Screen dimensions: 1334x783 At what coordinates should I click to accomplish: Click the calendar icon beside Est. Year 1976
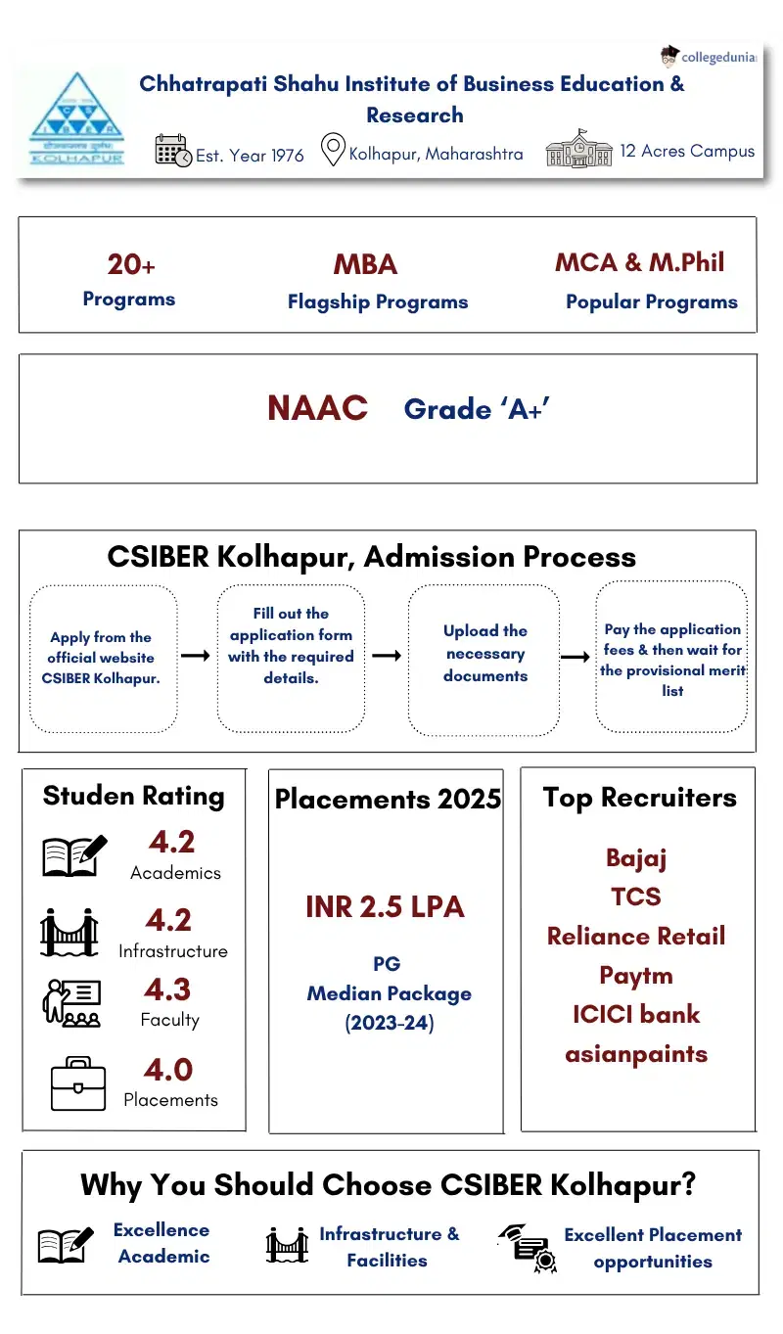pyautogui.click(x=173, y=151)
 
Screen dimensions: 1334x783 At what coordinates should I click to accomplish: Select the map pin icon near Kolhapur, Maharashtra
pyautogui.click(x=333, y=151)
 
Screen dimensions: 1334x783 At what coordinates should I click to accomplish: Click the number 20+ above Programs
pyautogui.click(x=131, y=265)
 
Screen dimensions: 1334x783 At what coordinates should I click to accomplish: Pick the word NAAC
pyautogui.click(x=317, y=408)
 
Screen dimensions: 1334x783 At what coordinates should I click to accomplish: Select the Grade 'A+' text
pyautogui.click(x=477, y=408)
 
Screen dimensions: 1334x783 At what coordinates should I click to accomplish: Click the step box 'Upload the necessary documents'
pyautogui.click(x=484, y=653)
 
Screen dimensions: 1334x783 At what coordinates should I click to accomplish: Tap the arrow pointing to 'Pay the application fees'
pyautogui.click(x=575, y=657)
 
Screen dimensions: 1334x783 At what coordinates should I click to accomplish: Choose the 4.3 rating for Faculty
pyautogui.click(x=168, y=989)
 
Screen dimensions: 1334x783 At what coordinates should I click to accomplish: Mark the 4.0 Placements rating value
pyautogui.click(x=168, y=1069)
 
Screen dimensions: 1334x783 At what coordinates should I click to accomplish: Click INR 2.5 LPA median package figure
pyautogui.click(x=385, y=907)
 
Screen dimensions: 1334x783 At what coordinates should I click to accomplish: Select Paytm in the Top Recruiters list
pyautogui.click(x=636, y=976)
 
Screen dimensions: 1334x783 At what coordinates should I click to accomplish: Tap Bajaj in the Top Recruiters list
pyautogui.click(x=636, y=858)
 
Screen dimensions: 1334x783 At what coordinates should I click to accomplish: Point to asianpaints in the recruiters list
pyautogui.click(x=636, y=1054)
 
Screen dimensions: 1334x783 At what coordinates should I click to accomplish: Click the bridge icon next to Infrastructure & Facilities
pyautogui.click(x=287, y=1246)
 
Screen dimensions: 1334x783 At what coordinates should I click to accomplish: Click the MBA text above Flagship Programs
pyautogui.click(x=365, y=265)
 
